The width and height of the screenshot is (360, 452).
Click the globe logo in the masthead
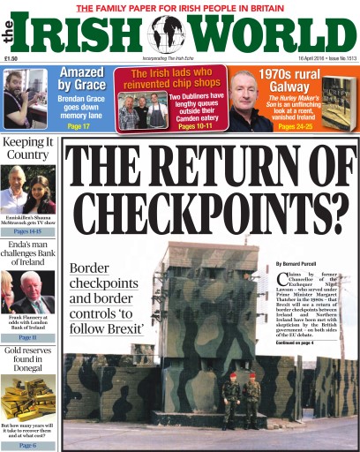coord(168,34)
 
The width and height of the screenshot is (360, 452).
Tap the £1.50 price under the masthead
coord(12,60)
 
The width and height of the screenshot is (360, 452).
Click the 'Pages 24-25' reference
coord(295,127)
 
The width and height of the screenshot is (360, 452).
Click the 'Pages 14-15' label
coord(27,231)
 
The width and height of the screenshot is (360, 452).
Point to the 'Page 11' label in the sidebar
coord(27,337)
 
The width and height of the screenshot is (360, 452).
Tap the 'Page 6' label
coord(27,445)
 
